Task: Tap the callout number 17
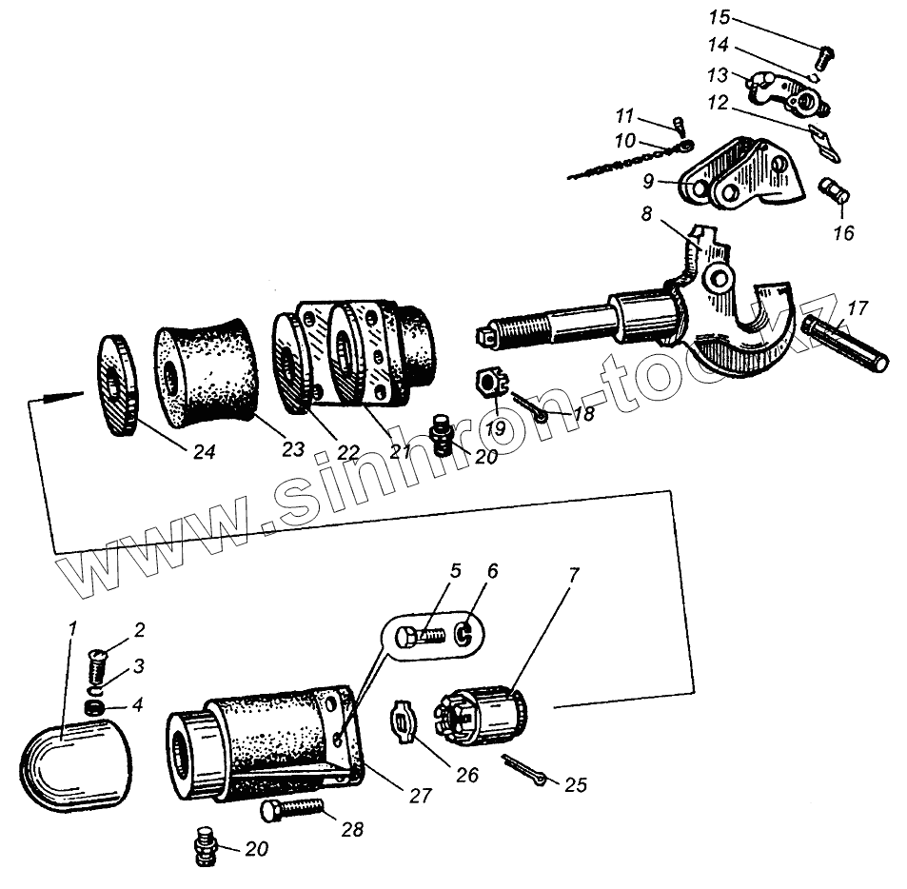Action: click(x=857, y=307)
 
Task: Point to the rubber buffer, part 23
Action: click(x=207, y=371)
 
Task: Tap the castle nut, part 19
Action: click(x=487, y=385)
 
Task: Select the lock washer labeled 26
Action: click(x=404, y=722)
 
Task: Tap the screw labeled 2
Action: click(x=99, y=656)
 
